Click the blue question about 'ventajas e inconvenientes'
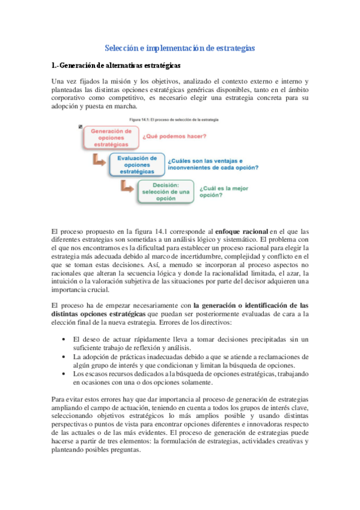[x=213, y=164]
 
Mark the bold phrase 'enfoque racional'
[x=240, y=231]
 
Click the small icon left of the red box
[x=81, y=127]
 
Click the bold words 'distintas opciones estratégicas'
[x=99, y=314]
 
